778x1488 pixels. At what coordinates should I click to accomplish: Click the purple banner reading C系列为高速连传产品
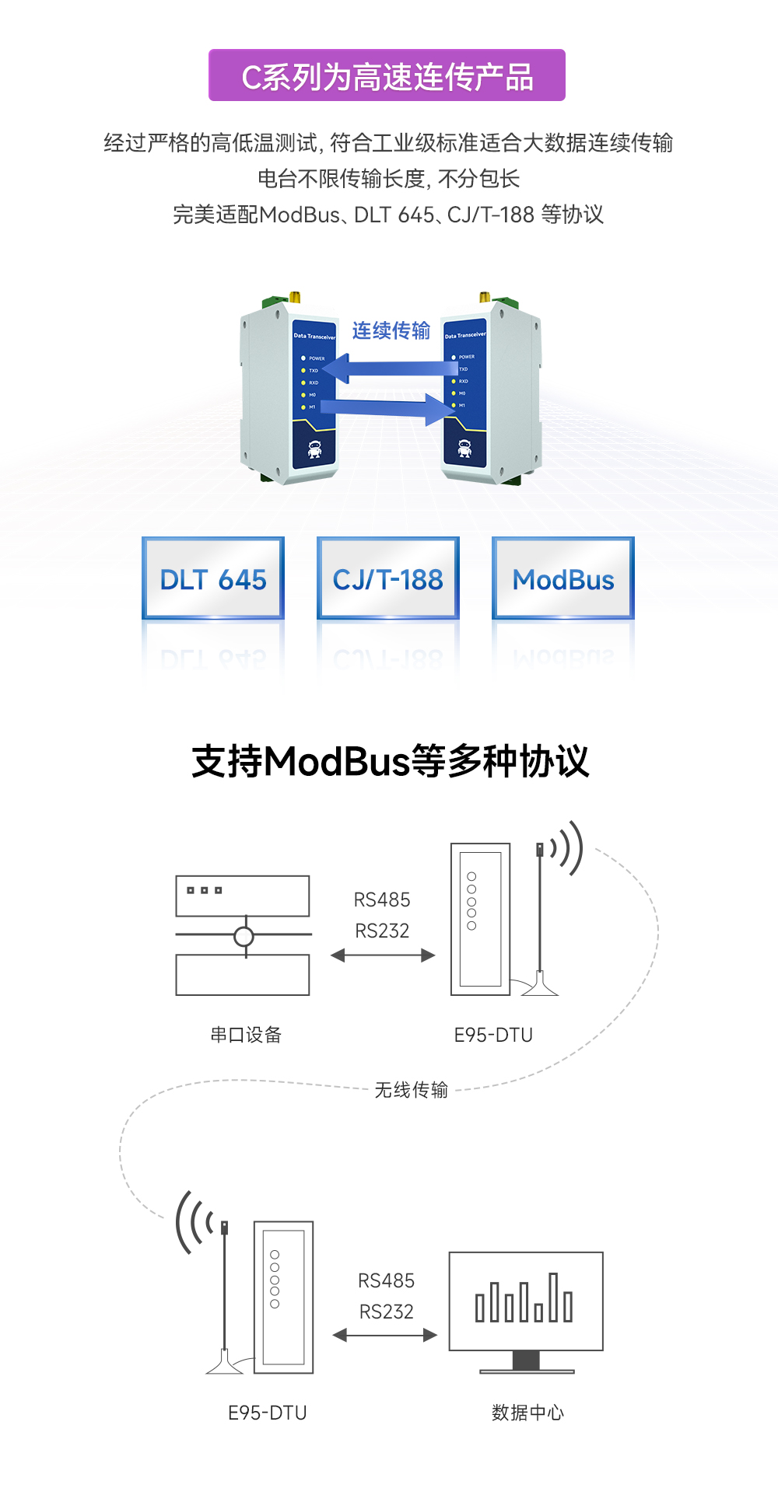pos(387,75)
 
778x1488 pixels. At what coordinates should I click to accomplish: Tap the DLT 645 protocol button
pos(213,578)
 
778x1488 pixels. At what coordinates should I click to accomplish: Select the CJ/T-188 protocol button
pos(387,578)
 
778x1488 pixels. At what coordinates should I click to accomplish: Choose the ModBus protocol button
pos(563,578)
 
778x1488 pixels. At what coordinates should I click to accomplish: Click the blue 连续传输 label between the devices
pos(391,331)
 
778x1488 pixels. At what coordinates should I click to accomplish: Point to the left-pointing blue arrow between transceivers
pos(389,369)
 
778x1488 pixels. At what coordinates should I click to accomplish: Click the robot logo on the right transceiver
pos(464,449)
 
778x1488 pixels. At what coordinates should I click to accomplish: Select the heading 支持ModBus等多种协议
pos(390,761)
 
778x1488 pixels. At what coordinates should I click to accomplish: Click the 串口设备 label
pos(246,1035)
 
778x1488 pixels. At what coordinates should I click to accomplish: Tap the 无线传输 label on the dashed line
pos(411,1090)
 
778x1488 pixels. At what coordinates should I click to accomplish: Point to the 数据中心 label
pos(527,1413)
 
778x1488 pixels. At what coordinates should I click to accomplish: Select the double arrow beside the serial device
pos(382,955)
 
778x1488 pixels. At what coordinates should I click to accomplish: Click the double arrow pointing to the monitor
pos(385,1335)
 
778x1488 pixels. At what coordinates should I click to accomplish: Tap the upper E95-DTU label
pos(493,1035)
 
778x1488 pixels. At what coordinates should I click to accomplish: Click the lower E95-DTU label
pos(267,1413)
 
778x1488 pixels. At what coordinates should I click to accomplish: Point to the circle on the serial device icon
pos(244,937)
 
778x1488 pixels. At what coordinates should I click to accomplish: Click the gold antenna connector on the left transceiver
pos(295,297)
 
